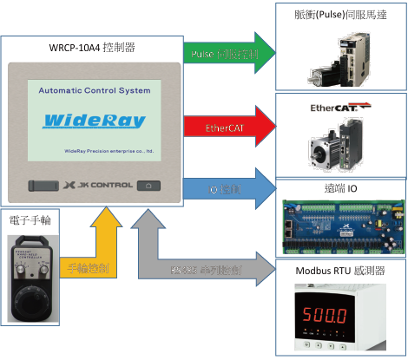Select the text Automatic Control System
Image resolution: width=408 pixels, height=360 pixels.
(x=95, y=89)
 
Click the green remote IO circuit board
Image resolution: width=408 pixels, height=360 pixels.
(x=339, y=224)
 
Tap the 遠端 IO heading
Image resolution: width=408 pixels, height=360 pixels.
(x=340, y=188)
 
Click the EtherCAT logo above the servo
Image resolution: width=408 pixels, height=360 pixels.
(x=339, y=108)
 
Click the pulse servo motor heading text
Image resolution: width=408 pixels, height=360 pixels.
(x=340, y=12)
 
